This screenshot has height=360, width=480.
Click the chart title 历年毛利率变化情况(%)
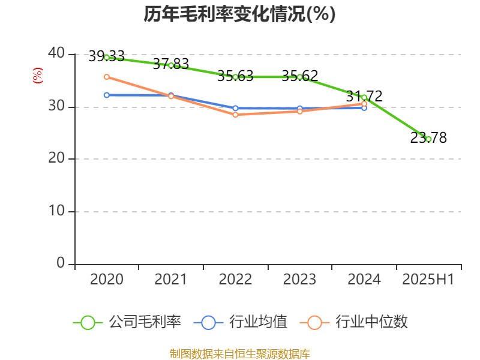tap(239, 14)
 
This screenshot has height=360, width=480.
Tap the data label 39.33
tap(106, 56)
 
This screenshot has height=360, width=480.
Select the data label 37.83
tap(170, 64)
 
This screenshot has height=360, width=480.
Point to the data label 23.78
tap(428, 138)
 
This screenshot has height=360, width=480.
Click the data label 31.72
tap(364, 96)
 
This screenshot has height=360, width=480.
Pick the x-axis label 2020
tap(107, 280)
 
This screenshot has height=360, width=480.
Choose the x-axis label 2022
tap(235, 280)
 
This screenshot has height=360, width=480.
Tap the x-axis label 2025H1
tap(428, 280)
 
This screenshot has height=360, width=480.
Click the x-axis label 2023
tap(299, 280)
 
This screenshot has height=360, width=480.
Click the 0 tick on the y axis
tap(61, 263)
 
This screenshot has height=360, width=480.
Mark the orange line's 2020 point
tap(107, 77)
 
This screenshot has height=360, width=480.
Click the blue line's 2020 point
tap(107, 95)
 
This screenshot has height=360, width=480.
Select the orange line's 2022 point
tap(235, 114)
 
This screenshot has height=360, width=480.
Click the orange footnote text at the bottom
tap(239, 353)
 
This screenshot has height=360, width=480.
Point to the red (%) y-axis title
tap(38, 76)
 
